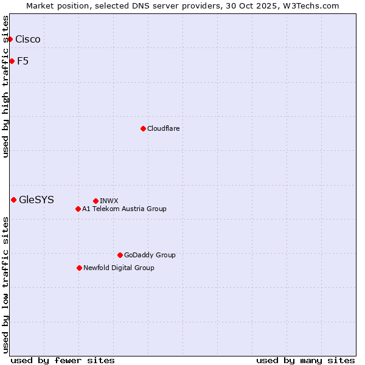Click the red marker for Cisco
tap(10, 40)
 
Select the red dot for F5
tap(12, 61)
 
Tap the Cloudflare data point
tap(143, 128)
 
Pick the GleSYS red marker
tap(13, 200)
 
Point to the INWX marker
tap(96, 201)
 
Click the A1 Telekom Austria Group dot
tap(78, 209)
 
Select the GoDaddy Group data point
tap(120, 255)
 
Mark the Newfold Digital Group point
tap(79, 268)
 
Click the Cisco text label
tap(28, 40)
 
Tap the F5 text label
tap(23, 61)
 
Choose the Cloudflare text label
tap(163, 128)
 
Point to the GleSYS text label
tap(36, 200)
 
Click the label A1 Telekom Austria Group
tap(124, 209)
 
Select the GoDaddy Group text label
tap(150, 255)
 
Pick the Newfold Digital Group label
tap(119, 268)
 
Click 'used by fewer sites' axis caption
tap(63, 360)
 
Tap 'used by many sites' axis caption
tap(305, 360)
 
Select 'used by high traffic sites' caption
tap(6, 86)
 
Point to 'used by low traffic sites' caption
tap(6, 285)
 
